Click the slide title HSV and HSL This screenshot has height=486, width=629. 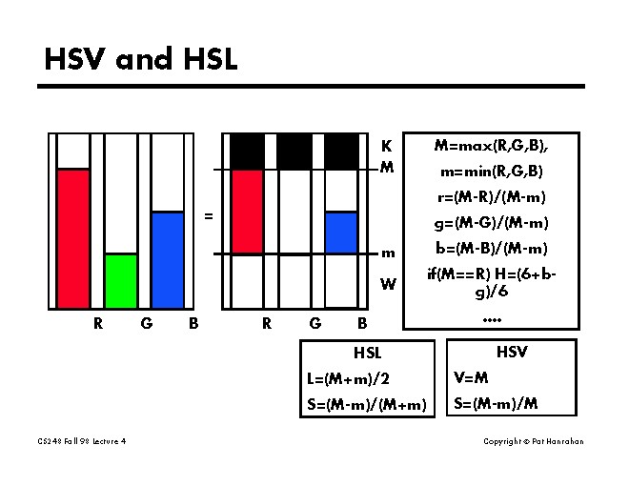point(141,59)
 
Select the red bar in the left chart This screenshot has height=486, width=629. point(73,238)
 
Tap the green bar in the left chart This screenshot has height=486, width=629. point(121,280)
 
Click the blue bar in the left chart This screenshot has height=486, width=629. point(168,259)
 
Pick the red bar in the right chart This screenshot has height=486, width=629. point(247,212)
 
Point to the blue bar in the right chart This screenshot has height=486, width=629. point(341,233)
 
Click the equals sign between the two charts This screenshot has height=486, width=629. point(208,216)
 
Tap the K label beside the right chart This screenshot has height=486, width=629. point(386,147)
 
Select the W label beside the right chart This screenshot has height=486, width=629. point(387,284)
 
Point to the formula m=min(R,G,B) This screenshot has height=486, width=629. point(491,172)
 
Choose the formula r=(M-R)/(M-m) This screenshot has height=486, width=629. point(491,197)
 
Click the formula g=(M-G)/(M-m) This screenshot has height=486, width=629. point(491,223)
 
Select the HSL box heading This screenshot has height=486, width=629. point(367,353)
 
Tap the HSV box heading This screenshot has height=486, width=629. point(512,352)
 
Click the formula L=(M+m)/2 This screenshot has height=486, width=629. point(348,378)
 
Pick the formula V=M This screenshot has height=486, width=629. point(471,377)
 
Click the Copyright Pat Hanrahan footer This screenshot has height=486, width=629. point(533,441)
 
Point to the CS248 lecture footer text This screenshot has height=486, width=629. point(82,441)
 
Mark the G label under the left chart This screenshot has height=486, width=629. point(146,323)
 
